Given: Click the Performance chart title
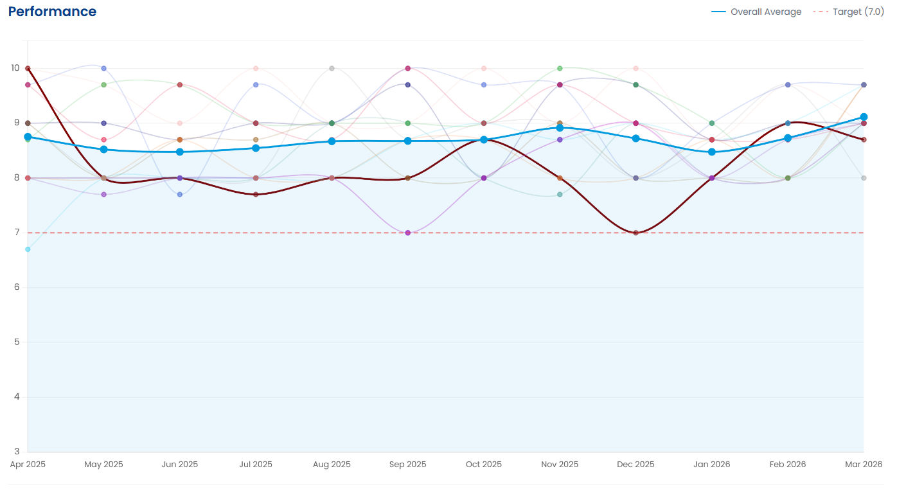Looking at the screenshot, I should pyautogui.click(x=52, y=12).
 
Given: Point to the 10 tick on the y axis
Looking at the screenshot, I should pyautogui.click(x=15, y=68).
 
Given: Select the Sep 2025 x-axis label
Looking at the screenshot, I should pyautogui.click(x=407, y=465).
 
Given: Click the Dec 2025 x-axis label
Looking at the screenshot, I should pyautogui.click(x=635, y=465).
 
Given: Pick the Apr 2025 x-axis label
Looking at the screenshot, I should pyautogui.click(x=28, y=465).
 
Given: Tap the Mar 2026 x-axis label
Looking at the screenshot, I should pyautogui.click(x=863, y=465).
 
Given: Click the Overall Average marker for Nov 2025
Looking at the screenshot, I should pyautogui.click(x=560, y=128).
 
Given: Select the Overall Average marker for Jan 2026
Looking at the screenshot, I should pyautogui.click(x=712, y=152).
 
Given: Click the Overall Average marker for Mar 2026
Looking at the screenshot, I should pyautogui.click(x=864, y=117).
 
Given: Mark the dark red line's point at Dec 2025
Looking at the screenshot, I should pyautogui.click(x=635, y=233).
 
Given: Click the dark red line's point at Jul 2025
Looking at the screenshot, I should pyautogui.click(x=256, y=194).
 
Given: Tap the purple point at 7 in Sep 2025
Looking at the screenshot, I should pyautogui.click(x=408, y=233).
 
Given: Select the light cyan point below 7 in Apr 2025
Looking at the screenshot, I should pyautogui.click(x=28, y=249).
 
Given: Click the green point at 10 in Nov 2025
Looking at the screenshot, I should pyautogui.click(x=560, y=68).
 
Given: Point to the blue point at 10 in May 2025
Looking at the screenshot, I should pyautogui.click(x=104, y=68).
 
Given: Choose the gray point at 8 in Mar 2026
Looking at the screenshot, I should pyautogui.click(x=864, y=178).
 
